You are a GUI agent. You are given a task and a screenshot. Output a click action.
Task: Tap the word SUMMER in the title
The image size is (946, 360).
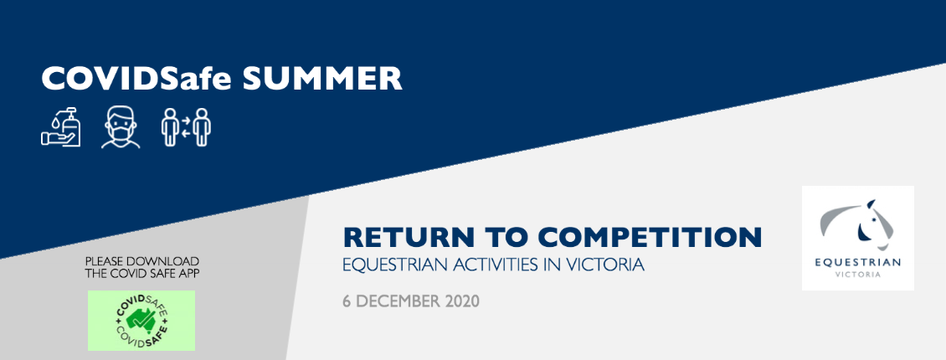[322, 79]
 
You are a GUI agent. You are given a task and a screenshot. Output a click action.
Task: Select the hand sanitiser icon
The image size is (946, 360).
[61, 126]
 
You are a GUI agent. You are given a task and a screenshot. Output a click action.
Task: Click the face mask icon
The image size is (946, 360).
[121, 126]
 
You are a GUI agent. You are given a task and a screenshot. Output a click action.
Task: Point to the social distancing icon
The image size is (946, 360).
[186, 126]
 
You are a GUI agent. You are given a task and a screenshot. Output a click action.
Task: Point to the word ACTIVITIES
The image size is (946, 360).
[494, 265]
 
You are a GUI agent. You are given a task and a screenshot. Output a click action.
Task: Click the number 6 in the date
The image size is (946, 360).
[347, 301]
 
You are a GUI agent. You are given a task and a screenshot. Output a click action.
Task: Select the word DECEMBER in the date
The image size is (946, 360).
[398, 301]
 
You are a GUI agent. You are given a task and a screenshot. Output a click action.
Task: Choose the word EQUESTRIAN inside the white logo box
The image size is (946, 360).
[858, 262]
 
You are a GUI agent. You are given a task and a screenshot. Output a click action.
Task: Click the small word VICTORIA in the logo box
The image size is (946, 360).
[858, 275]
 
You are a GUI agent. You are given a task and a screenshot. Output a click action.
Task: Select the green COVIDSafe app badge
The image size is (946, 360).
[141, 320]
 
